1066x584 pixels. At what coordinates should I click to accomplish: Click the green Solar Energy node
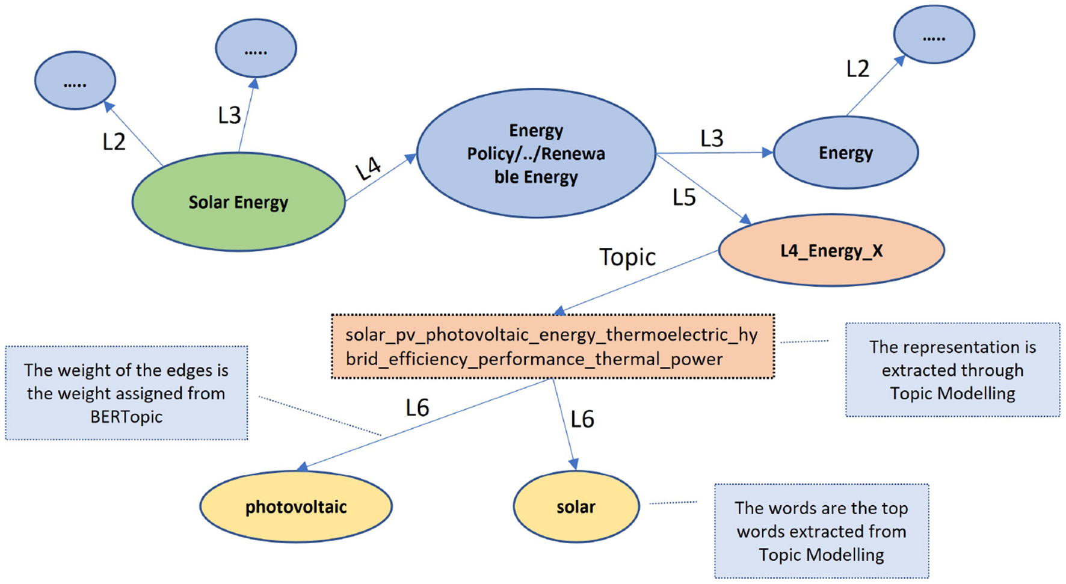click(x=238, y=202)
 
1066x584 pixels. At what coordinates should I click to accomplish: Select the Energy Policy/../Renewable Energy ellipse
click(x=535, y=153)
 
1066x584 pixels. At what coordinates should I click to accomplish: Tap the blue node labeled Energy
click(x=845, y=153)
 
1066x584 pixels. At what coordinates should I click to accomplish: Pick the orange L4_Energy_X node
click(x=831, y=250)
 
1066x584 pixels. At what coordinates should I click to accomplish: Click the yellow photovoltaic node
click(x=295, y=507)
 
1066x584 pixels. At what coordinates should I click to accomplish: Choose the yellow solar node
click(x=576, y=507)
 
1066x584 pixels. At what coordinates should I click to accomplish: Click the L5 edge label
click(x=684, y=197)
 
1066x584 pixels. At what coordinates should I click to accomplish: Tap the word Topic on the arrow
click(x=627, y=257)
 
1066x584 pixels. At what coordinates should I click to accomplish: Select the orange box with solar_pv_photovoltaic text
click(x=552, y=347)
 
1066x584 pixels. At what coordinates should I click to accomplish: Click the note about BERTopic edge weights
click(x=126, y=393)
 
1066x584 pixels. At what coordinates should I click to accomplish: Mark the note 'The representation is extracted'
click(x=952, y=370)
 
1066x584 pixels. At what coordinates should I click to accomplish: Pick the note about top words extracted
click(x=821, y=531)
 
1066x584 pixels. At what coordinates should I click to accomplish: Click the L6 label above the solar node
click(x=582, y=419)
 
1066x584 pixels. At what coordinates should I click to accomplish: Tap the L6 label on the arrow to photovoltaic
click(x=417, y=408)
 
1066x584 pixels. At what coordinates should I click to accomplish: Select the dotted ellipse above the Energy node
click(x=934, y=35)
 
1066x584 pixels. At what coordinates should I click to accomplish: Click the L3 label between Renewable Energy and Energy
click(x=712, y=139)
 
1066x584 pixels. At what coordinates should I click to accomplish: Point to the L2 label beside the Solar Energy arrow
click(x=114, y=142)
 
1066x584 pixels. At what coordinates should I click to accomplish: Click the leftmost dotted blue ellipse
click(x=75, y=81)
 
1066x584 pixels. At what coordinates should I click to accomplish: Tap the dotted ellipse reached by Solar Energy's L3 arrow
click(x=256, y=48)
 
